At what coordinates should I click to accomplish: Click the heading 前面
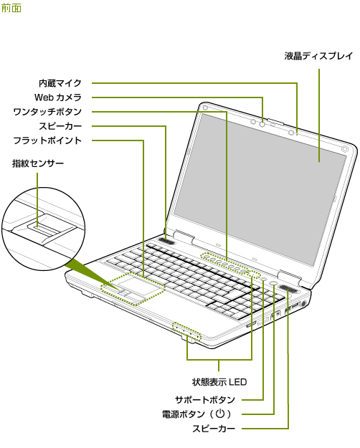click(11, 8)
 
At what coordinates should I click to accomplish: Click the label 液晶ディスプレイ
click(318, 56)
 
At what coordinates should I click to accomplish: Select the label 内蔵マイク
click(60, 83)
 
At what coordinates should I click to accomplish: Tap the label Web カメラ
click(58, 97)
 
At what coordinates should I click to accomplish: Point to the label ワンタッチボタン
click(47, 112)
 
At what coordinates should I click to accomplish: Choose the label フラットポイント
click(47, 140)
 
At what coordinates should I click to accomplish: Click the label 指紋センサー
click(38, 163)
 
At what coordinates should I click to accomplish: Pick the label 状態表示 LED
click(219, 382)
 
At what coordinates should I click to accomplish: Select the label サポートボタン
click(205, 400)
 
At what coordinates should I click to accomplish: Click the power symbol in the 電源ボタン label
click(220, 414)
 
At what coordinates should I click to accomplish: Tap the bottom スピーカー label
click(214, 429)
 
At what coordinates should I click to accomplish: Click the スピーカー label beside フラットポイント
click(60, 126)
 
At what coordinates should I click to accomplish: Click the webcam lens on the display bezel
click(262, 124)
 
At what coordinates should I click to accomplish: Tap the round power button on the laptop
click(273, 282)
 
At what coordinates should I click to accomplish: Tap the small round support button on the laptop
click(264, 279)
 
